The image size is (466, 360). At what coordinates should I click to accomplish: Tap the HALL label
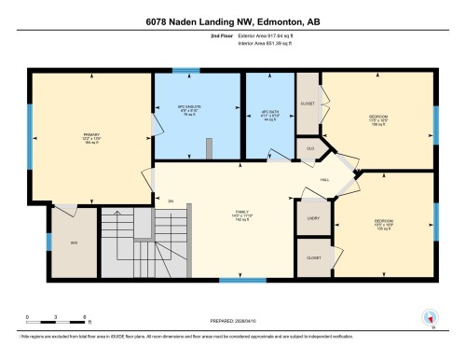(x=324, y=179)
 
